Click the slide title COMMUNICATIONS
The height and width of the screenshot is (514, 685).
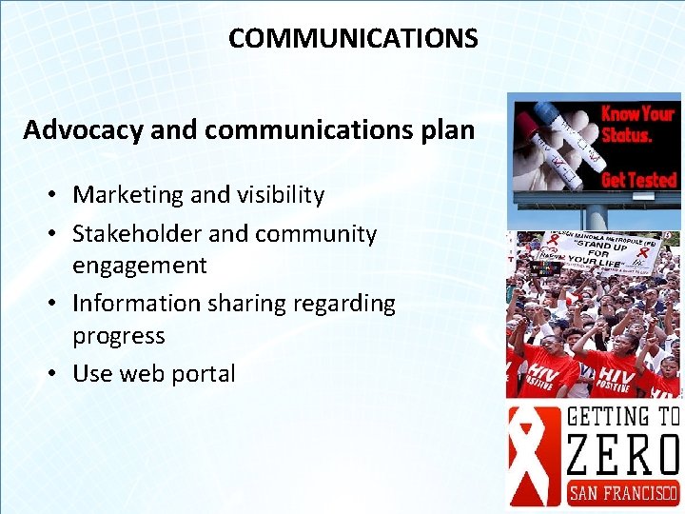point(353,39)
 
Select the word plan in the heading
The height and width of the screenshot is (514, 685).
point(445,130)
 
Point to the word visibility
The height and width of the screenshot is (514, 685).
point(279,195)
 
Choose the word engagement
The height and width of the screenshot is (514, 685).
point(140,266)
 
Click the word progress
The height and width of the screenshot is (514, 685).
point(119,336)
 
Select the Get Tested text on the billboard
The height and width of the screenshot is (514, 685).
point(638,180)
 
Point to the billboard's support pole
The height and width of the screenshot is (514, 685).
point(596,216)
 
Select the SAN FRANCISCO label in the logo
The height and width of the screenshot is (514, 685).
point(622,493)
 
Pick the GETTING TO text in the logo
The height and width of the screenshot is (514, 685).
point(622,417)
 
